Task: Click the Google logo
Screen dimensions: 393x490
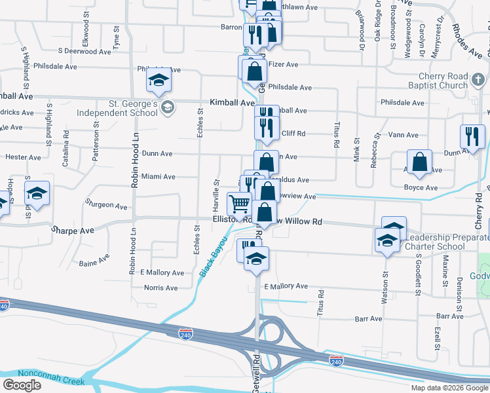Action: click(x=22, y=385)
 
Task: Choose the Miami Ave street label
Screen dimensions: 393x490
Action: click(x=158, y=177)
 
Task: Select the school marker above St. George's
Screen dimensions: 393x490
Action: click(x=157, y=79)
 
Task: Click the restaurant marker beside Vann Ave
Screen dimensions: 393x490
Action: click(x=472, y=136)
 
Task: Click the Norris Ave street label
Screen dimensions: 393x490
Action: click(x=160, y=288)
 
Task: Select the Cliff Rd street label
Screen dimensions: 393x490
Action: click(x=293, y=133)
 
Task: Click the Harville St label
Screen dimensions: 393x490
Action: click(x=216, y=191)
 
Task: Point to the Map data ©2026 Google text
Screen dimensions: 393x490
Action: click(x=449, y=388)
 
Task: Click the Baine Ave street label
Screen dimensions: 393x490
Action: click(x=94, y=263)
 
